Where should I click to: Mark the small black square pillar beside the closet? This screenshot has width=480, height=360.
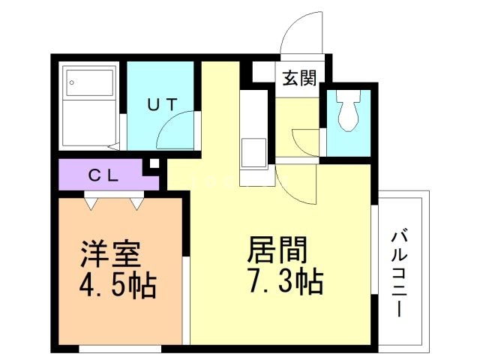click(153, 163)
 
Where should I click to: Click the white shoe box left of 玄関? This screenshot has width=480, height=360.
click(262, 72)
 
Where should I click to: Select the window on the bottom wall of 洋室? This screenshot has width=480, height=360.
click(120, 348)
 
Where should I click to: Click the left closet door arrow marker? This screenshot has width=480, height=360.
click(92, 201)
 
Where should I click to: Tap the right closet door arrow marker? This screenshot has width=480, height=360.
click(136, 201)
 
